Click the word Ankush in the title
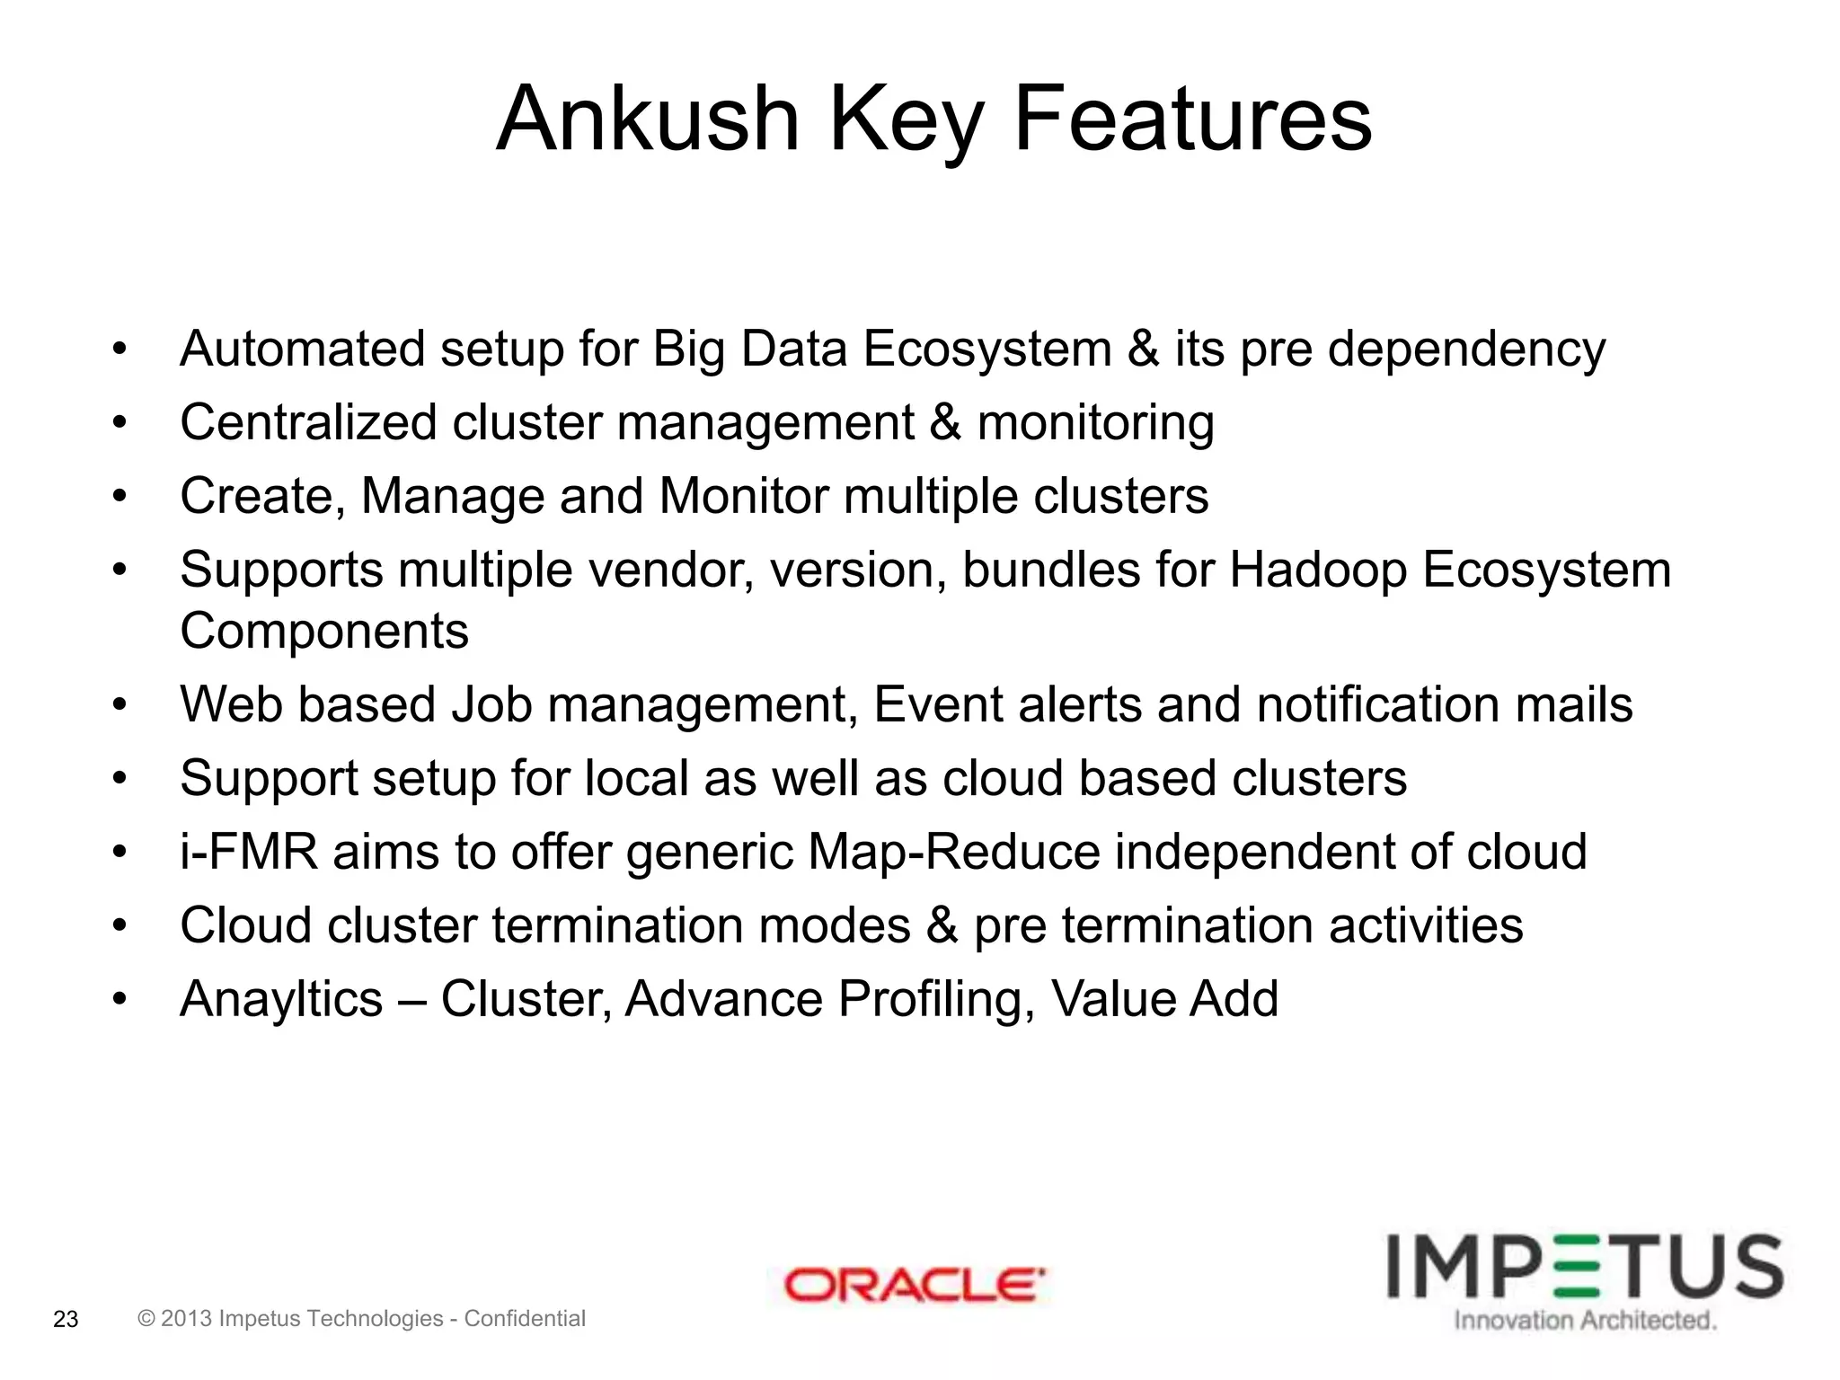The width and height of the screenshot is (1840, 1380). pos(647,119)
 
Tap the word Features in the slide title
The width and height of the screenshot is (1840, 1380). pos(1192,119)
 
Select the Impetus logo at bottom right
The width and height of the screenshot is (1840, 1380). pos(1585,1268)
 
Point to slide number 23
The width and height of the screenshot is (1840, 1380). pos(66,1319)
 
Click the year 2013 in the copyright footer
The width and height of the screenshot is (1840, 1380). pos(187,1318)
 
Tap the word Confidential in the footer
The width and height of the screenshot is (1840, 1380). pos(525,1318)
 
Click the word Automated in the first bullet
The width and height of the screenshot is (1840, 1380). pos(303,349)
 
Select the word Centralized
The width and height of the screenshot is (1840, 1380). pos(308,422)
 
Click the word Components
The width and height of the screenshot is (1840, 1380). pos(324,631)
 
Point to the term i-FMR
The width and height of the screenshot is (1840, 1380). pos(249,852)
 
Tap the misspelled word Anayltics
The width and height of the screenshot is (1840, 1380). pos(281,999)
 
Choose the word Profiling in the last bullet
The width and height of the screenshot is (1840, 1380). pos(935,999)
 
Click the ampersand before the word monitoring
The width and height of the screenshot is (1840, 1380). pos(945,422)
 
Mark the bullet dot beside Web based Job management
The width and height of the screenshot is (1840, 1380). pos(119,705)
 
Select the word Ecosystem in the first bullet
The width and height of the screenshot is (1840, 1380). pos(987,349)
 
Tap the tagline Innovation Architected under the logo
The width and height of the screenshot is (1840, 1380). pos(1585,1320)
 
